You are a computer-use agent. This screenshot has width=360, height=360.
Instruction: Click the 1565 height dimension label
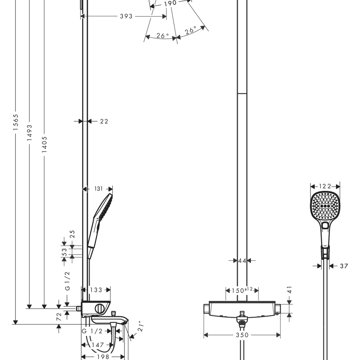pyautogui.click(x=15, y=122)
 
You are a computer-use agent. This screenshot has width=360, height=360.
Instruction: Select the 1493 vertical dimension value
pyautogui.click(x=30, y=132)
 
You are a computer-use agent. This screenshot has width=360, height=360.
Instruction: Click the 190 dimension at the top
pyautogui.click(x=170, y=4)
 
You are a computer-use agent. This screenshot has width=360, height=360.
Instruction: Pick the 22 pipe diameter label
pyautogui.click(x=104, y=121)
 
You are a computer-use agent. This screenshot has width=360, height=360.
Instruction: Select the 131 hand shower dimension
pyautogui.click(x=98, y=189)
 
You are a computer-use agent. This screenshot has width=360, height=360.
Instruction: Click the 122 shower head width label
pyautogui.click(x=325, y=186)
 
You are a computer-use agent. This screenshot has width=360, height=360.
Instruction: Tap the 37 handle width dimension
pyautogui.click(x=344, y=266)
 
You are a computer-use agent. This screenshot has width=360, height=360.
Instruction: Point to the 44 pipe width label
pyautogui.click(x=242, y=261)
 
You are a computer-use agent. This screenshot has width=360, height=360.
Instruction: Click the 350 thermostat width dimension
pyautogui.click(x=242, y=335)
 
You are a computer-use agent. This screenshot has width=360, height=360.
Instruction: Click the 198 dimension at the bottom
pyautogui.click(x=103, y=357)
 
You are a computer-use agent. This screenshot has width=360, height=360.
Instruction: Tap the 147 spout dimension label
pyautogui.click(x=98, y=345)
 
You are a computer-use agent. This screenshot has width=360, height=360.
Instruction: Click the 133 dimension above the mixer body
pyautogui.click(x=96, y=290)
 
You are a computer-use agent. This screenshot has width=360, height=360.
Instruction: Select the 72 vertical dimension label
pyautogui.click(x=59, y=316)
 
